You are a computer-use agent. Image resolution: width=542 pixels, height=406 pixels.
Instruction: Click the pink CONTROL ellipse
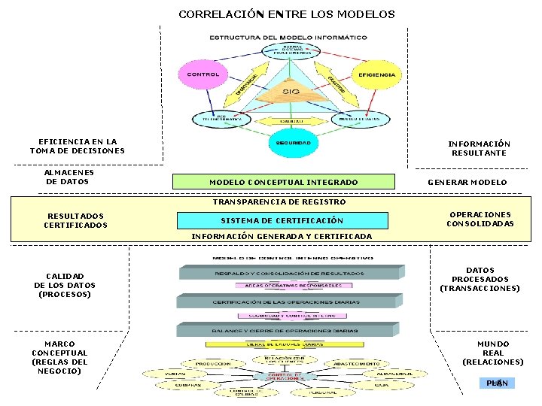click(202, 74)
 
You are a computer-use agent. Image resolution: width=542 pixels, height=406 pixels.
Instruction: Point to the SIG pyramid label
click(291, 92)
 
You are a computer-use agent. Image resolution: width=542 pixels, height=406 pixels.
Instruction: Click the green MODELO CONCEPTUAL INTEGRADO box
click(283, 182)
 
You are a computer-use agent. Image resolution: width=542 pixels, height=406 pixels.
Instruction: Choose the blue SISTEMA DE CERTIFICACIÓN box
click(282, 220)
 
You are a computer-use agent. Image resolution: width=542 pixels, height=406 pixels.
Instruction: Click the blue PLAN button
click(497, 383)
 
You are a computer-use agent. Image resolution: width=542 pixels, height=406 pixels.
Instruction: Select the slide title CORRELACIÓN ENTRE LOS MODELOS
click(286, 14)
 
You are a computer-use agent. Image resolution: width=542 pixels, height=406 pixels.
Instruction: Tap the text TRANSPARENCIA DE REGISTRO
click(279, 201)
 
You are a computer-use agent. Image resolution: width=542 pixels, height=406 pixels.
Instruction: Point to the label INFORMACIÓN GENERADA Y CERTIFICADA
click(282, 236)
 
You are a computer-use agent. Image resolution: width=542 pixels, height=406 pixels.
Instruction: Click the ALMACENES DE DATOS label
click(69, 177)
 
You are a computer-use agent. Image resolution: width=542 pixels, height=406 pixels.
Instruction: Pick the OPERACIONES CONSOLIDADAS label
click(480, 219)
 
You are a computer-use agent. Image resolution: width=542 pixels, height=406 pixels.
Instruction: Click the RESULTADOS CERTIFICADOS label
click(75, 220)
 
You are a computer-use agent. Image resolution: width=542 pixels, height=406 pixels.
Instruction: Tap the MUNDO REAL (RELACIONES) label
click(492, 353)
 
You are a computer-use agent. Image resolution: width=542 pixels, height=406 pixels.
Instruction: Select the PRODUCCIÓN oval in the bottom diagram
click(213, 363)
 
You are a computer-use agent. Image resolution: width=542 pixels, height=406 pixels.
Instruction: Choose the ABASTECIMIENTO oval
click(352, 363)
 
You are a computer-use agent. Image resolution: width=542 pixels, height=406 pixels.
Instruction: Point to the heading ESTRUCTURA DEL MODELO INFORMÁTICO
click(288, 37)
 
